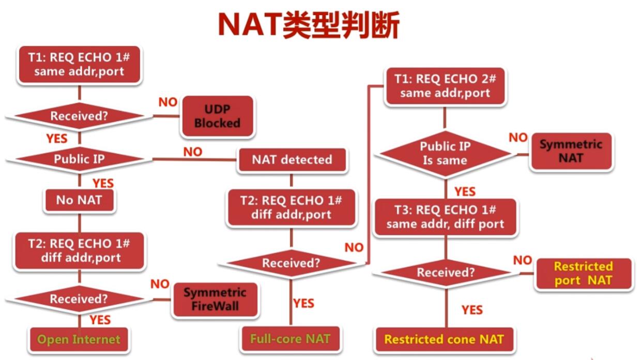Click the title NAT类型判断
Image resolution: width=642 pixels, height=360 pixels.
pyautogui.click(x=309, y=24)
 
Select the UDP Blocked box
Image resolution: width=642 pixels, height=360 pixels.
pyautogui.click(x=217, y=116)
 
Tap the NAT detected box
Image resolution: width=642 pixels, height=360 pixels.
pyautogui.click(x=292, y=160)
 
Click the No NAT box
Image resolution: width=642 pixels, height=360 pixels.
pyautogui.click(x=79, y=200)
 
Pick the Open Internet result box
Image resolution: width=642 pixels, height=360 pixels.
pyautogui.click(x=79, y=340)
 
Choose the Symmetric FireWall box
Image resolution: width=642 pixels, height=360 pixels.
pyautogui.click(x=215, y=299)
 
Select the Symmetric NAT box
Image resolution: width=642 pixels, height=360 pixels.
pyautogui.click(x=571, y=151)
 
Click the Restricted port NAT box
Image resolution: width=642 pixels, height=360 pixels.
pyautogui.click(x=583, y=273)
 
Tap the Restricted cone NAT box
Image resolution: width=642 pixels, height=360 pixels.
pyautogui.click(x=444, y=340)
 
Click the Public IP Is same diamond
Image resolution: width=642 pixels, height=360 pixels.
pyautogui.click(x=445, y=153)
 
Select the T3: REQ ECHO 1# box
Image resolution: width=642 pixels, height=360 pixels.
pyautogui.click(x=445, y=217)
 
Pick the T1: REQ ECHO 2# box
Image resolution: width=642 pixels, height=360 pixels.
pyautogui.click(x=445, y=86)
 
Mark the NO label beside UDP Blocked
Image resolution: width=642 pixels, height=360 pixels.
pyautogui.click(x=168, y=102)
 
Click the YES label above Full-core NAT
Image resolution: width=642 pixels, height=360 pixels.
pyautogui.click(x=303, y=303)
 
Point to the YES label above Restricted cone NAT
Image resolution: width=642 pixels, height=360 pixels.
pyautogui.click(x=472, y=310)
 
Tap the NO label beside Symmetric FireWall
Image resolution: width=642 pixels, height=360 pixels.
pyautogui.click(x=160, y=284)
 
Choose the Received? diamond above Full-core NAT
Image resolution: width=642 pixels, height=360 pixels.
pyautogui.click(x=291, y=263)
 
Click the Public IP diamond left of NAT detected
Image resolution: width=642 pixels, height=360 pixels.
pyautogui.click(x=79, y=159)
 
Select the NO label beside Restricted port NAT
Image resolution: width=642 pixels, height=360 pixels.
pyautogui.click(x=523, y=260)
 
